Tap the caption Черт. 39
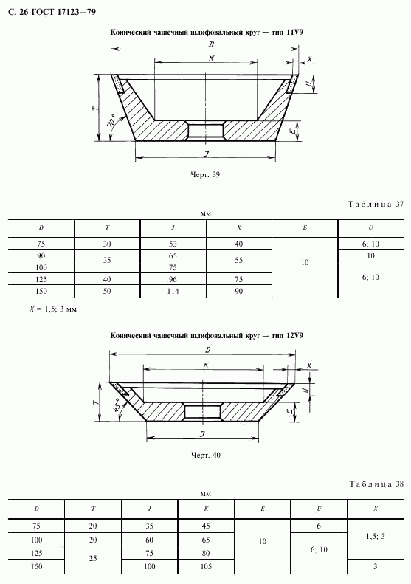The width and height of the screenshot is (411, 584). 205,174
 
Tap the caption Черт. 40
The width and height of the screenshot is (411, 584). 205,455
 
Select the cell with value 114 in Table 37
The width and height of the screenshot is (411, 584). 173,291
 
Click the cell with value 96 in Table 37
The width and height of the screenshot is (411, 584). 173,279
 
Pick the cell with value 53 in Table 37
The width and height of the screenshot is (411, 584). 173,244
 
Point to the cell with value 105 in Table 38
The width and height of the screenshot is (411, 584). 206,566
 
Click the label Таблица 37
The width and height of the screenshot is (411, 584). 376,204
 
